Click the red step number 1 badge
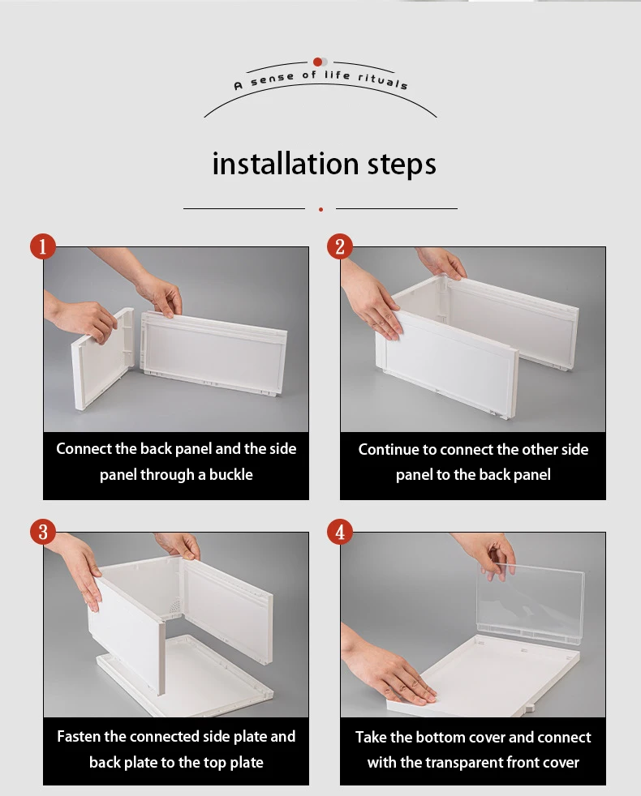coord(43,246)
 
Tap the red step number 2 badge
coord(340,246)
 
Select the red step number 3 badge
coord(43,533)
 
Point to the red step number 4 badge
coord(340,533)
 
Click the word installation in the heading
coord(285,164)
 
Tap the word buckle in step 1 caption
coord(230,475)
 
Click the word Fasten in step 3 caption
coord(79,737)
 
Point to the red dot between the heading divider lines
coord(320,209)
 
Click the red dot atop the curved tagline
coord(317,62)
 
